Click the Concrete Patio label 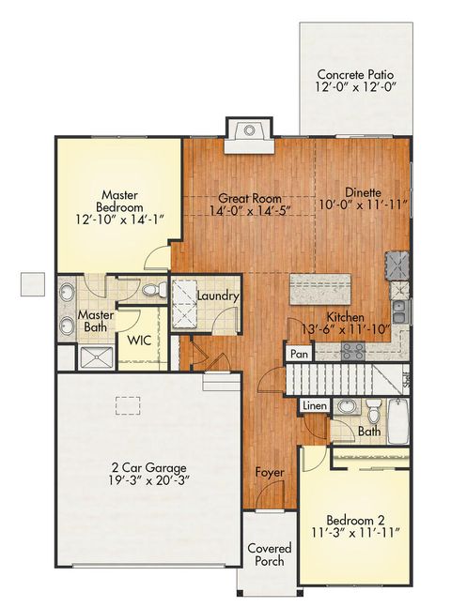click(x=354, y=74)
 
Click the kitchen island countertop click(x=320, y=288)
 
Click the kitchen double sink click(x=399, y=305)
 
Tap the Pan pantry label click(x=299, y=354)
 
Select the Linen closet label click(x=314, y=406)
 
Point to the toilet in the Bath click(x=375, y=412)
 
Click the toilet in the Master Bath click(x=160, y=290)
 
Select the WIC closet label click(x=139, y=339)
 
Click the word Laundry click(x=218, y=297)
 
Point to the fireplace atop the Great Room click(x=248, y=131)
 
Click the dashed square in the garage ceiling click(x=127, y=405)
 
